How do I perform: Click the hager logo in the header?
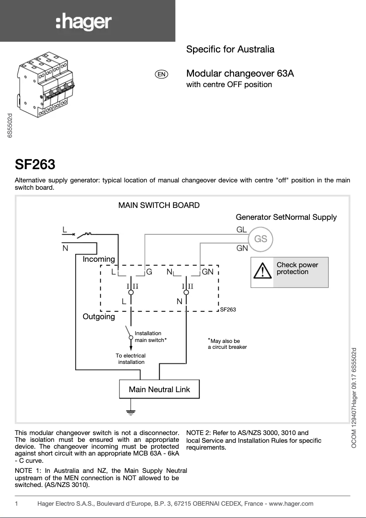(84, 22)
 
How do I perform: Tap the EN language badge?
(162, 74)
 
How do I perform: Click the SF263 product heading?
(35, 164)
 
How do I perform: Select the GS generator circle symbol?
(261, 239)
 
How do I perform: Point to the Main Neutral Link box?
(159, 389)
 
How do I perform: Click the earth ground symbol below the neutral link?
(131, 412)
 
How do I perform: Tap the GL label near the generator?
(241, 231)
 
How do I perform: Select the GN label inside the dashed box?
(208, 272)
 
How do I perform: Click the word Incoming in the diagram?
(99, 259)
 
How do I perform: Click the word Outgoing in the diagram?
(99, 316)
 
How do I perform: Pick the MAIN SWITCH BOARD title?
(159, 205)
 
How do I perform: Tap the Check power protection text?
(297, 268)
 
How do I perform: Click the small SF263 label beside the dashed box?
(228, 310)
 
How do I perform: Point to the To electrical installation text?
(131, 359)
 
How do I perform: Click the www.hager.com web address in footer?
(291, 503)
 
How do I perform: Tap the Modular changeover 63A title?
(240, 73)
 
